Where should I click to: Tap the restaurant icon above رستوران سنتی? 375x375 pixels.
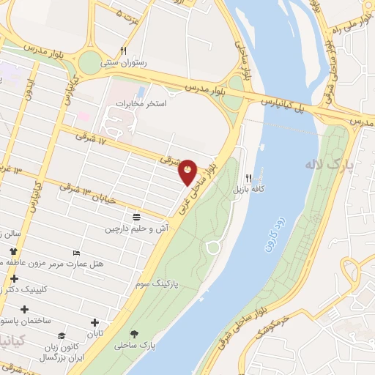124,51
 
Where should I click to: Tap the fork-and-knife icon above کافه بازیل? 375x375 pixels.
249,178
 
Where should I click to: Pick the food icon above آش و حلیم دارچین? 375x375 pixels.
136,216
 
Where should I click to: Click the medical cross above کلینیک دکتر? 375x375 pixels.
15,278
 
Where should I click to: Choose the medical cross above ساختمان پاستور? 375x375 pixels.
25,309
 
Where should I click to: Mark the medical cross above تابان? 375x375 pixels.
94,322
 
